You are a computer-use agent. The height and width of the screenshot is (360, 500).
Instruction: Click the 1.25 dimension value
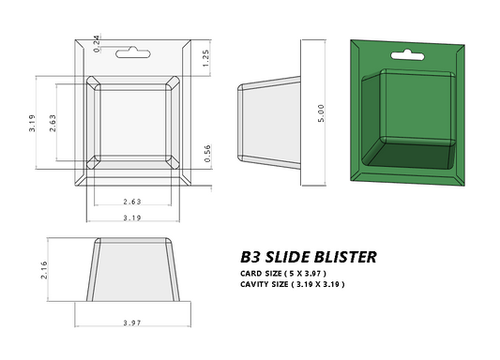(205, 57)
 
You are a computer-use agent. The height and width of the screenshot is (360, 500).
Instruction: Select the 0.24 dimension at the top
(98, 41)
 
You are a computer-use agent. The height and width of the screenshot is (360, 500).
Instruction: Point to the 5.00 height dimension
(322, 110)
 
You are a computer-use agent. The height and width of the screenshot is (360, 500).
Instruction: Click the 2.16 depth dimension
(43, 271)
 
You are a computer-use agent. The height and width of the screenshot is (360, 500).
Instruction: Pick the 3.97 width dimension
(132, 322)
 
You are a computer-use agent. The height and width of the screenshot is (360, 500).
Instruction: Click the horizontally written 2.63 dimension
(132, 202)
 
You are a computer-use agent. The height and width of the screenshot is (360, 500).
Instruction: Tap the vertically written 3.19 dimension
(32, 123)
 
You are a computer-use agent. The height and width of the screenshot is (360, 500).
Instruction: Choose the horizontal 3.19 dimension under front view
(132, 217)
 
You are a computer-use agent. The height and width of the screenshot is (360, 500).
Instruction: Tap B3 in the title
(250, 256)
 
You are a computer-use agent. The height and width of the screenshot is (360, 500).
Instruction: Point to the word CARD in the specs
(252, 273)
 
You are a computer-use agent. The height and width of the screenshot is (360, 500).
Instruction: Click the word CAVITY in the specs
(256, 283)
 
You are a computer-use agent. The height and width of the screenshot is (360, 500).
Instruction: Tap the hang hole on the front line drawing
(132, 54)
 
